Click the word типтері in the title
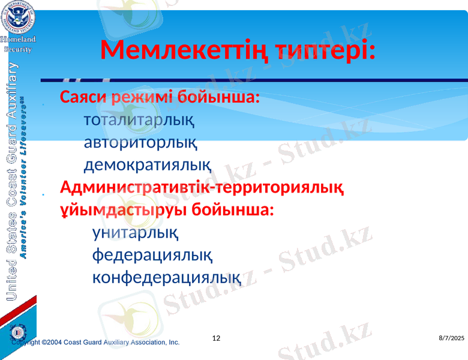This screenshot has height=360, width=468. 322,51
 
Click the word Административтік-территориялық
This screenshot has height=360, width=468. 202,188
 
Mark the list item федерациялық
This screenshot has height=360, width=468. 151,255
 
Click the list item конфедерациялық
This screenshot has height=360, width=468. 166,277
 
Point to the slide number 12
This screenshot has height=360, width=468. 217,338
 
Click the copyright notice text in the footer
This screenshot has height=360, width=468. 96,342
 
